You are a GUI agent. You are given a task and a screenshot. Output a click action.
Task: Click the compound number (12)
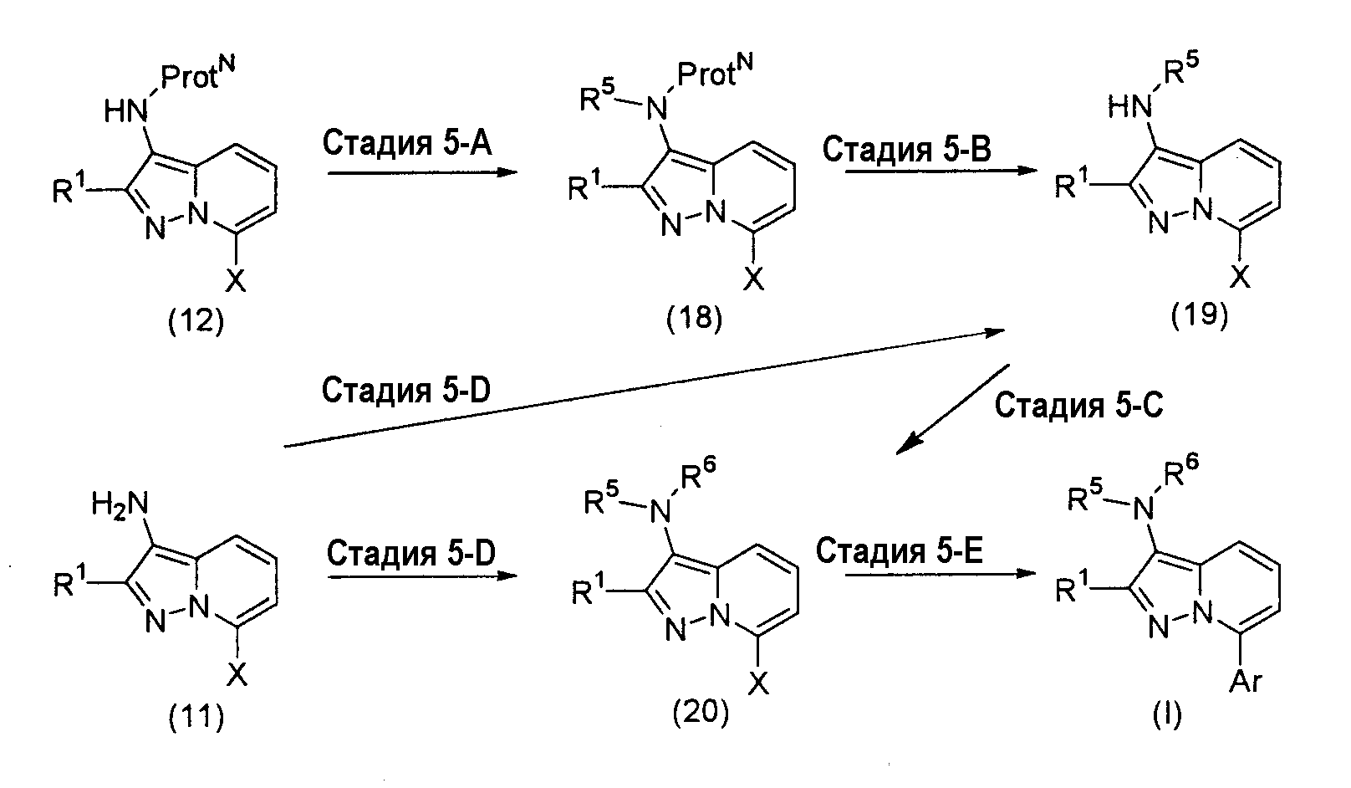click(x=196, y=320)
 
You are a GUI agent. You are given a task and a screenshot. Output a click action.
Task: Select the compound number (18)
click(x=695, y=318)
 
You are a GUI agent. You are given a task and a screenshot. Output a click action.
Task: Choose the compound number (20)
click(x=701, y=712)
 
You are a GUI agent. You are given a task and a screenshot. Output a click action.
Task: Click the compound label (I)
click(x=1167, y=715)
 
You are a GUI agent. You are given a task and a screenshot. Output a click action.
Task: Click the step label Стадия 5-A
click(x=407, y=144)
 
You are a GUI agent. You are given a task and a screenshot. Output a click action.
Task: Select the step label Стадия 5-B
click(x=906, y=149)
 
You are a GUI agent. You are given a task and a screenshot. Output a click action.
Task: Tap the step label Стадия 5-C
click(x=1078, y=405)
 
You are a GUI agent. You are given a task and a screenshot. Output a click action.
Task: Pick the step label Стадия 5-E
click(x=900, y=550)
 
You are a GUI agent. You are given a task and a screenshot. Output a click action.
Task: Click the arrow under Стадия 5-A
click(x=423, y=172)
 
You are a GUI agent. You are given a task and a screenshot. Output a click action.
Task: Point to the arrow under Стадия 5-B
click(x=941, y=171)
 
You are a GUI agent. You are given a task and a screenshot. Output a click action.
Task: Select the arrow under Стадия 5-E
click(x=941, y=574)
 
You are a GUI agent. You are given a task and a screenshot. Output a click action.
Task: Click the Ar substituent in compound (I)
click(x=1246, y=681)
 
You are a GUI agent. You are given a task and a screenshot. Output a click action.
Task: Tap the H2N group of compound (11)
click(x=120, y=504)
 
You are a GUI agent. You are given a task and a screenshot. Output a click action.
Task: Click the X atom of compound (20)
click(x=759, y=683)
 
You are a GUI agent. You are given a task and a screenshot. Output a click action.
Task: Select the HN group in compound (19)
click(x=1129, y=107)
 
